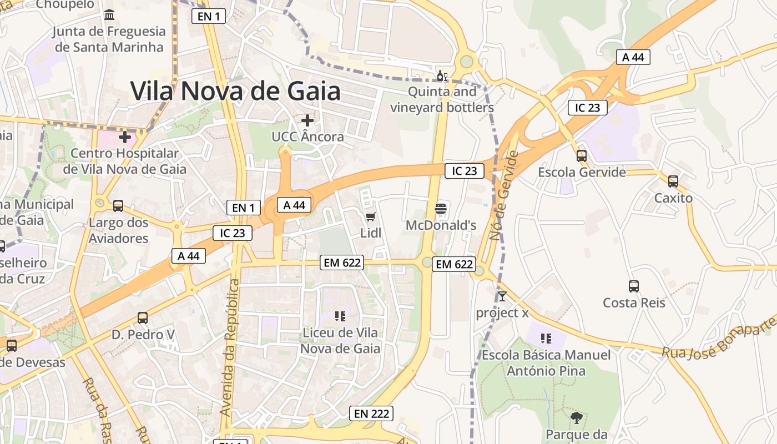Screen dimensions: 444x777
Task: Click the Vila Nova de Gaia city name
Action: (x=235, y=91)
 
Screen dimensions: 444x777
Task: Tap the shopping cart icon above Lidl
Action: (x=370, y=216)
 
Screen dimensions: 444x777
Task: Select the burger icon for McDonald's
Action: (x=441, y=209)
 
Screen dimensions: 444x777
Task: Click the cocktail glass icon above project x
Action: (x=502, y=296)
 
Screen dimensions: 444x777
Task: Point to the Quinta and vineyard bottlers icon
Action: (x=442, y=76)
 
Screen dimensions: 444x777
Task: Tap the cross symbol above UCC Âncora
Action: (x=307, y=120)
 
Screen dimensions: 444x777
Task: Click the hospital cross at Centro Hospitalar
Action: (x=125, y=137)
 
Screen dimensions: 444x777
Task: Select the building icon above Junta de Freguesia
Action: (x=109, y=14)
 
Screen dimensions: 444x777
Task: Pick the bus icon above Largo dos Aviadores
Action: (x=118, y=206)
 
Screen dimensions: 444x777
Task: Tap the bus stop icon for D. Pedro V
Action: (x=143, y=318)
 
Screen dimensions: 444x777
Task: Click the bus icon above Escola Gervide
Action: (x=581, y=156)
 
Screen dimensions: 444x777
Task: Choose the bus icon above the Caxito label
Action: (x=673, y=181)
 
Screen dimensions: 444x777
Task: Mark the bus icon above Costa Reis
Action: (x=633, y=286)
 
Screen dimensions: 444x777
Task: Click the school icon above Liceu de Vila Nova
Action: (x=340, y=316)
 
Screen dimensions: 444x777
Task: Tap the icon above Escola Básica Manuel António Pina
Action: (x=546, y=338)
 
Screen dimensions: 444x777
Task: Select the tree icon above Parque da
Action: (x=576, y=417)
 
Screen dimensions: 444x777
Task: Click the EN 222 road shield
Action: (x=371, y=413)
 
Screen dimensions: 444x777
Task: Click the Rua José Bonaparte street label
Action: (x=718, y=337)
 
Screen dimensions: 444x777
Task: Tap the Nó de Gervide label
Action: (x=504, y=195)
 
